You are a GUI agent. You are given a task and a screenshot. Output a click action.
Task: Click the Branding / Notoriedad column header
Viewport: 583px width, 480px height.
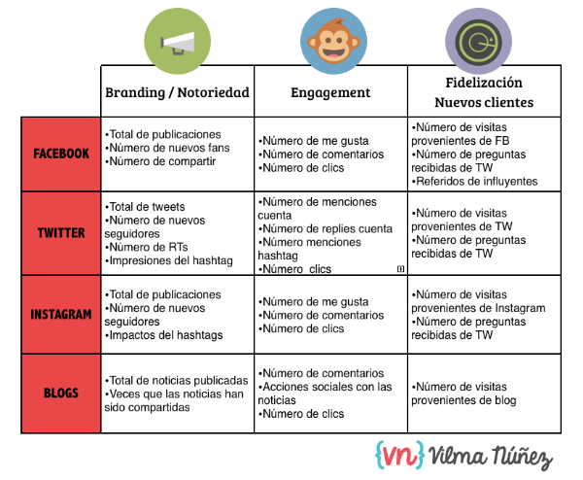[x=177, y=93]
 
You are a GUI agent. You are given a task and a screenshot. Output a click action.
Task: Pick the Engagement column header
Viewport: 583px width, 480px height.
[x=330, y=93]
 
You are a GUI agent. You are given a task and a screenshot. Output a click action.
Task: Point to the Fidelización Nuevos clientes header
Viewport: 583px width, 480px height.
[x=483, y=92]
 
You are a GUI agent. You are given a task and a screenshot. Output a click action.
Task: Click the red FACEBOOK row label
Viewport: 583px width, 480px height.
[x=61, y=154]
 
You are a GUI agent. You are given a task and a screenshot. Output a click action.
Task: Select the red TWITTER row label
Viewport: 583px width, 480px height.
[x=61, y=233]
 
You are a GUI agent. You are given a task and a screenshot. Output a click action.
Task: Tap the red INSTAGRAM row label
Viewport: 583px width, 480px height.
[x=61, y=314]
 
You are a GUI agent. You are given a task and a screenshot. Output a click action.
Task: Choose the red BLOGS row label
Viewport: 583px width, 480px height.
[x=61, y=393]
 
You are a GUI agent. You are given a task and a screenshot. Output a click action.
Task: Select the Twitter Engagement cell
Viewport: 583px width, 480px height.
[x=330, y=233]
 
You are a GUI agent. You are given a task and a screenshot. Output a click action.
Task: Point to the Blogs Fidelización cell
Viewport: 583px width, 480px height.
[x=483, y=393]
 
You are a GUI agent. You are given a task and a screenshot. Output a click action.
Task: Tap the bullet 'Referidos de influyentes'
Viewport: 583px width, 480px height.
[x=474, y=181]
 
